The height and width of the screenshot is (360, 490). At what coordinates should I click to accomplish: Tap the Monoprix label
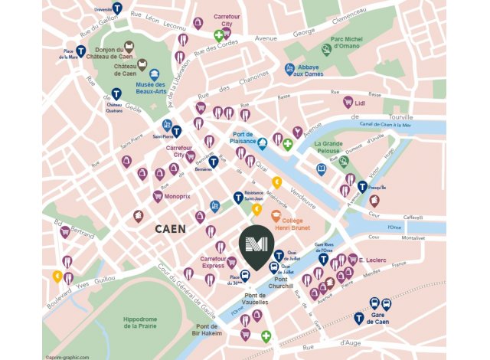click(x=178, y=196)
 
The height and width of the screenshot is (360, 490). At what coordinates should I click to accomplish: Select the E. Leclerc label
click(x=372, y=260)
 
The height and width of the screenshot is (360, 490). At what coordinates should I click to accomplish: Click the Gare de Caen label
click(x=381, y=319)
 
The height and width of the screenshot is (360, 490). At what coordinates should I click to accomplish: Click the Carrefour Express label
click(x=208, y=263)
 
